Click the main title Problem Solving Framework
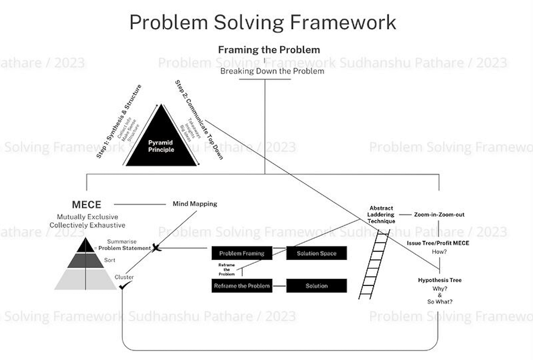263,22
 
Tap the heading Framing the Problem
269,50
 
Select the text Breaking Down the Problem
272,71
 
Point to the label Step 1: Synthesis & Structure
119,121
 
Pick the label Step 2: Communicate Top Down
199,120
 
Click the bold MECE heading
87,205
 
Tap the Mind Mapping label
195,204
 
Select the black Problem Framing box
242,253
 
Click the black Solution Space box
316,253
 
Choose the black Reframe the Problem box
242,286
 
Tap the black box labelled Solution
316,286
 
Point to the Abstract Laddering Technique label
382,215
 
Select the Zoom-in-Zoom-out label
439,215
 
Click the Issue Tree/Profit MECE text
438,243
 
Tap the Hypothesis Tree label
440,280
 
